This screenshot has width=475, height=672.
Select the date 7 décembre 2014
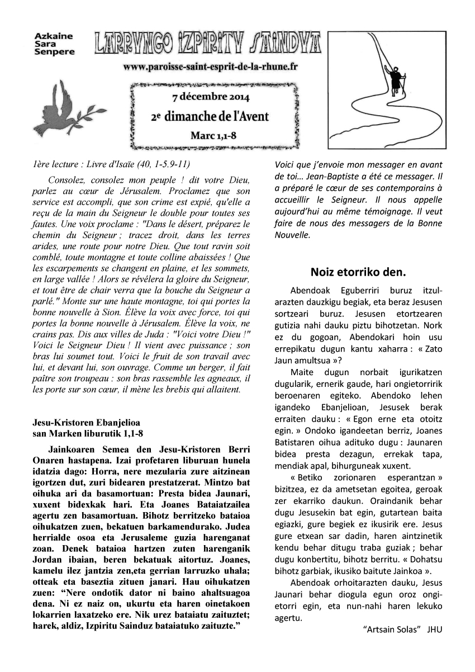point(207,97)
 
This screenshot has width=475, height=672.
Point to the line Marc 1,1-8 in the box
point(212,135)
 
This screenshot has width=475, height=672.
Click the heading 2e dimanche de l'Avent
point(210,116)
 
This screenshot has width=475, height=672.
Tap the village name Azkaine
point(54,36)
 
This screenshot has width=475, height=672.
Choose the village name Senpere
point(54,51)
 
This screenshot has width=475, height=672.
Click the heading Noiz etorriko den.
point(358,272)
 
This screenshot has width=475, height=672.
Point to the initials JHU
point(434,629)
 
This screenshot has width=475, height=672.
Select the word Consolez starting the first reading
point(66,181)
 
